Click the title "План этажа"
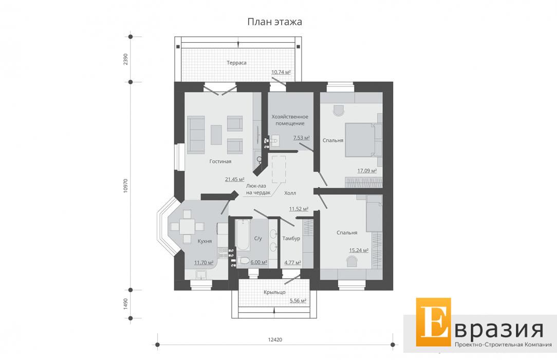[x=274, y=22]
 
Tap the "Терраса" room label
[x=236, y=63]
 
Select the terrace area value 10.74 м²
[x=281, y=72]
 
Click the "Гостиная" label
[x=220, y=161]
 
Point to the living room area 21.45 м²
[x=235, y=179]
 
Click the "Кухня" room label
[x=205, y=241]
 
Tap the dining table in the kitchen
[x=187, y=227]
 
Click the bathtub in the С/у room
[x=243, y=235]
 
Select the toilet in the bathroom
[x=244, y=261]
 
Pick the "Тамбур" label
[x=291, y=239]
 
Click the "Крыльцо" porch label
[x=274, y=292]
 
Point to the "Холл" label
[x=290, y=193]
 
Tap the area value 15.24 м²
[x=359, y=250]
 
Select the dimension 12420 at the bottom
[x=275, y=340]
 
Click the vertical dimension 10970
[x=125, y=186]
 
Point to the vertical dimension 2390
[x=125, y=59]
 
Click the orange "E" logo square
[x=433, y=322]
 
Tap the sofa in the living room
[x=196, y=135]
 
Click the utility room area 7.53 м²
[x=302, y=138]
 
